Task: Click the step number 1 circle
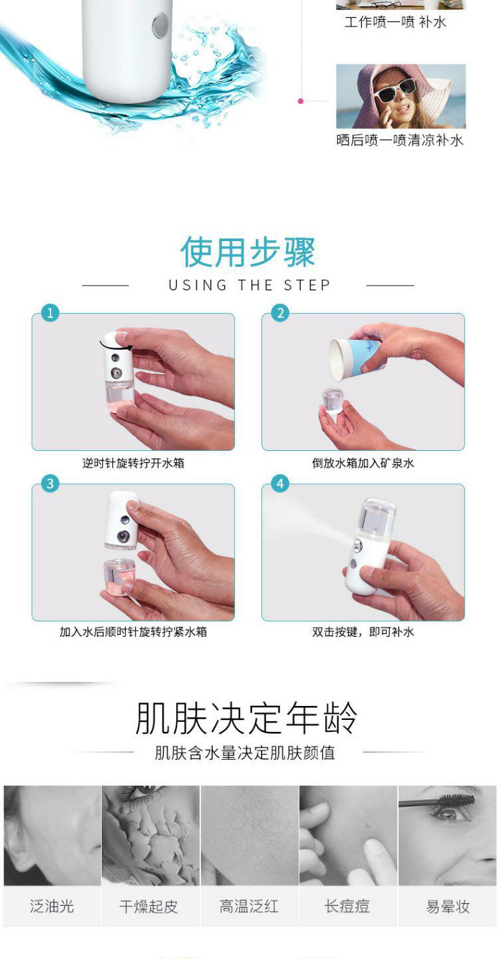(x=50, y=314)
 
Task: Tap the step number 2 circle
(x=280, y=314)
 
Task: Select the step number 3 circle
(x=50, y=483)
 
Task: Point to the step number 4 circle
(x=280, y=483)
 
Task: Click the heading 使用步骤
(x=248, y=252)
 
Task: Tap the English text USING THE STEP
(x=249, y=285)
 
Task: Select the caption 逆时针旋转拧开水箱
(x=133, y=464)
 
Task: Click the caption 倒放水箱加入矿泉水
(x=363, y=464)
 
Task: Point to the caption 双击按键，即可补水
(x=363, y=632)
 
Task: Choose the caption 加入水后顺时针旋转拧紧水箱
(x=133, y=632)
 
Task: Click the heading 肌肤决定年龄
(x=246, y=718)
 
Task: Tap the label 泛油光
(x=52, y=906)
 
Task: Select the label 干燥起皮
(x=148, y=906)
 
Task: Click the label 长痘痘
(x=347, y=906)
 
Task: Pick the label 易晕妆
(x=448, y=906)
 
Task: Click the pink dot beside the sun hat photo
(x=301, y=101)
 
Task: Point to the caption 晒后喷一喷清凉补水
(x=400, y=141)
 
